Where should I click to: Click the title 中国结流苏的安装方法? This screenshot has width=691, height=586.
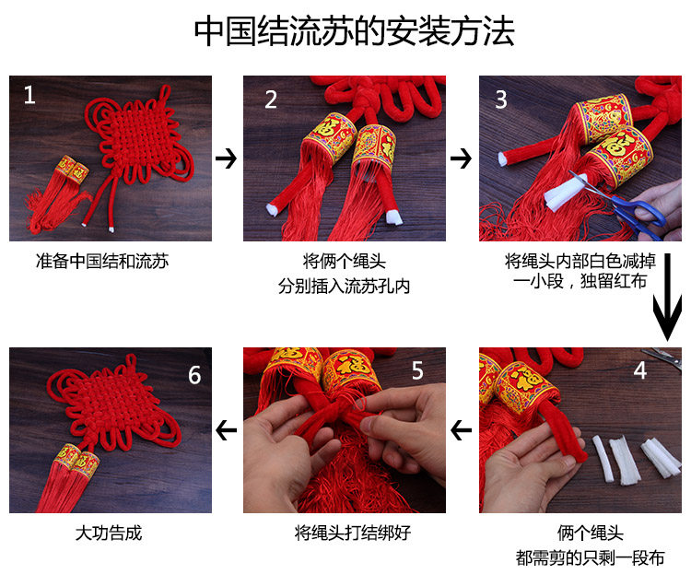(354, 30)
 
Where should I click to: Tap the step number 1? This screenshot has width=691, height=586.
(29, 95)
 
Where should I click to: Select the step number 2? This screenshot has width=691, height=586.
(271, 100)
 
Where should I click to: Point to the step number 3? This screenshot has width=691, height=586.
(501, 100)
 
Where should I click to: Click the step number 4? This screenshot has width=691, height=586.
(640, 370)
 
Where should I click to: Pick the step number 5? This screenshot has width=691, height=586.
(417, 370)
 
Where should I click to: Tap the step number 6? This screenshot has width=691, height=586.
(194, 375)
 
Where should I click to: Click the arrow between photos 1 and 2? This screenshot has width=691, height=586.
(226, 158)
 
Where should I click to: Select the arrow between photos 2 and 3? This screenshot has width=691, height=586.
(461, 158)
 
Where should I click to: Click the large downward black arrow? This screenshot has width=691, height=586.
(667, 297)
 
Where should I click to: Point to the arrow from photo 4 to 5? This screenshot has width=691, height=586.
(462, 430)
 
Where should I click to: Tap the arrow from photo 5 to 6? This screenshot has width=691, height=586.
(227, 430)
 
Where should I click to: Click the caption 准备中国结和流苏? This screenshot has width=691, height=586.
(102, 262)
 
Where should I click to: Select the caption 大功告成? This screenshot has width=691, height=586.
(109, 533)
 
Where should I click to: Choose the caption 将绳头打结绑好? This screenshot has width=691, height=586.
(353, 533)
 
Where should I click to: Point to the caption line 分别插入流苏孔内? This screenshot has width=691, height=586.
(344, 287)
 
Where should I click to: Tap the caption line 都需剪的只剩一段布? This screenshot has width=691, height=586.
(590, 558)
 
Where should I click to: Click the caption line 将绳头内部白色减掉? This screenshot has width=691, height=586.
(580, 262)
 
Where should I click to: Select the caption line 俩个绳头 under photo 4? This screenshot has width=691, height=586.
(590, 533)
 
